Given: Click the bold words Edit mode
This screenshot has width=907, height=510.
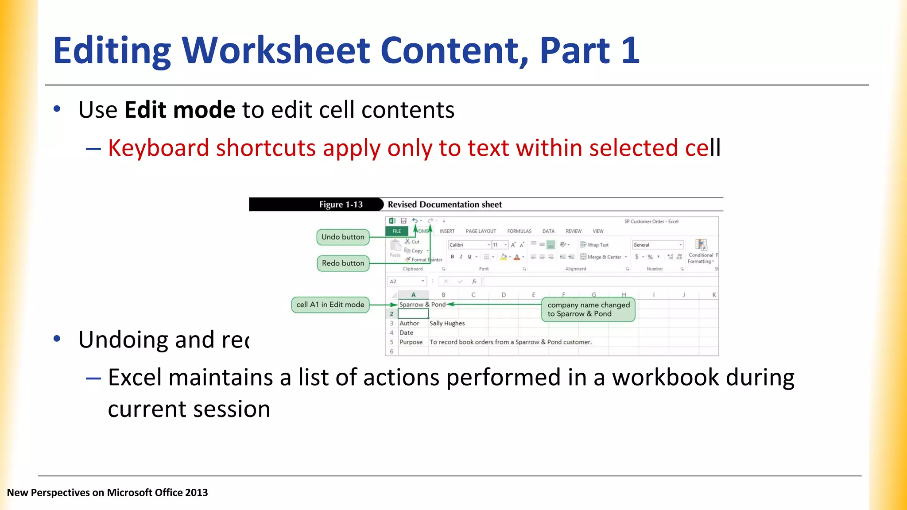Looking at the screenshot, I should (x=180, y=110).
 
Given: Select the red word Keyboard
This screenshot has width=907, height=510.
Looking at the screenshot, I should (x=158, y=148).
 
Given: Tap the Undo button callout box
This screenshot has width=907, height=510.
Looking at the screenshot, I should (x=343, y=237).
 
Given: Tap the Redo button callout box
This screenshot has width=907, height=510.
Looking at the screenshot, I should (x=343, y=263).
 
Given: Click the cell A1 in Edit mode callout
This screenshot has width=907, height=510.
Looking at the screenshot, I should (x=330, y=305).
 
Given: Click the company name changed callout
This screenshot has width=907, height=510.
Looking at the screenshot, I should (x=588, y=309).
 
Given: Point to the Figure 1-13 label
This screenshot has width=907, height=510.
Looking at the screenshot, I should (x=341, y=205).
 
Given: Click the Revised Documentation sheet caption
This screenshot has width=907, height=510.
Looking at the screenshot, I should (x=445, y=205).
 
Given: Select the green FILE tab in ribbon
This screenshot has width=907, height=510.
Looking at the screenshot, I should (x=397, y=231).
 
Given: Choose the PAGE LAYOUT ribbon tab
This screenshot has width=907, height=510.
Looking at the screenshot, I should (x=481, y=231).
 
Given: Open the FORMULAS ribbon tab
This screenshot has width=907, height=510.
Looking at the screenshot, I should (x=519, y=231).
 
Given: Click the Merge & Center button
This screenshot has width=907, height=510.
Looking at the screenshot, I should (x=604, y=257).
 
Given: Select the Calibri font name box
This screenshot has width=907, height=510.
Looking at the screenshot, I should (x=468, y=245).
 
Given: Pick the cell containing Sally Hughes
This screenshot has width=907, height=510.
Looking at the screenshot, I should (x=447, y=323).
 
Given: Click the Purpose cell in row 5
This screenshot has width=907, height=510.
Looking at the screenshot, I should (x=411, y=342).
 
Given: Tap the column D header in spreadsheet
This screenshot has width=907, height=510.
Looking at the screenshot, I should (x=504, y=295).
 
